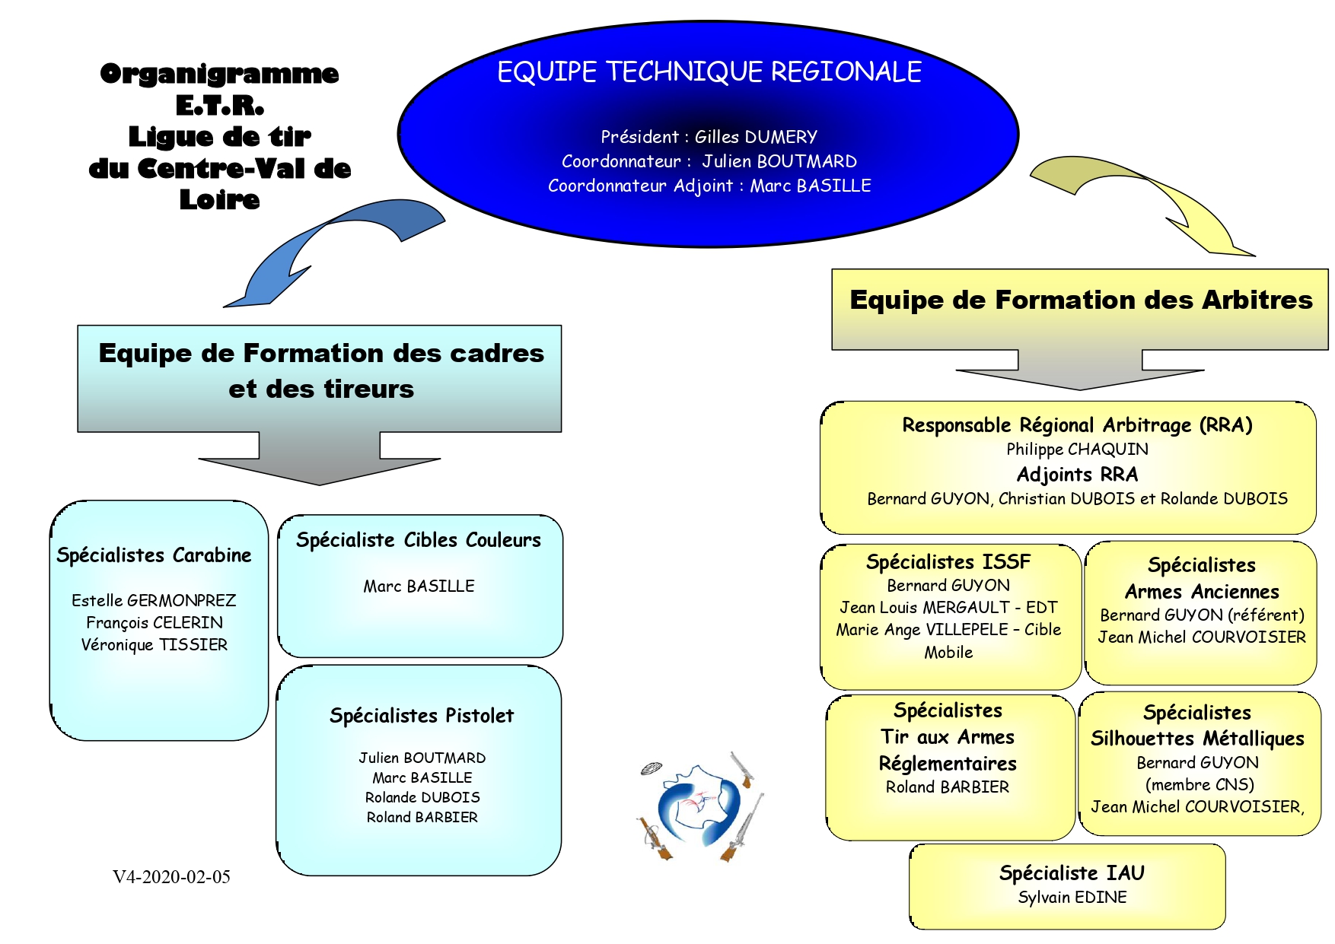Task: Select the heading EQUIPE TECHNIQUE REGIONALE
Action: click(709, 72)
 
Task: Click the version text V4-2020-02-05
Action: click(171, 877)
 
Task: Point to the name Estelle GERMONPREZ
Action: click(154, 600)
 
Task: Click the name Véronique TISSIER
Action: click(154, 645)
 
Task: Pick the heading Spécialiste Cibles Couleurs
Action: click(419, 540)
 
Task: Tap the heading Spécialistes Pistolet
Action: click(422, 716)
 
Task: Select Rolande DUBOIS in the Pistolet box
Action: click(422, 797)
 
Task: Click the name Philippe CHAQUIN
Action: click(1077, 450)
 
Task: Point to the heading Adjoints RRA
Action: click(1077, 475)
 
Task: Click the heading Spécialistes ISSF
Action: click(948, 562)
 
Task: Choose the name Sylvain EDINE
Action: click(1072, 898)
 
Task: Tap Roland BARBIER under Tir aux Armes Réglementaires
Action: click(948, 787)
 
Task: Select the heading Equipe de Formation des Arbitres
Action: click(1081, 300)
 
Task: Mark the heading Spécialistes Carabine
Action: click(154, 555)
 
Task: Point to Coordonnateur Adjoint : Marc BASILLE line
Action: click(709, 186)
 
